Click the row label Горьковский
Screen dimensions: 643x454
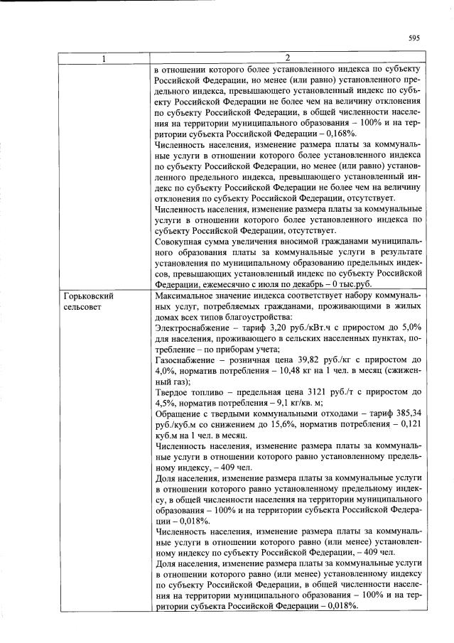tap(89, 295)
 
